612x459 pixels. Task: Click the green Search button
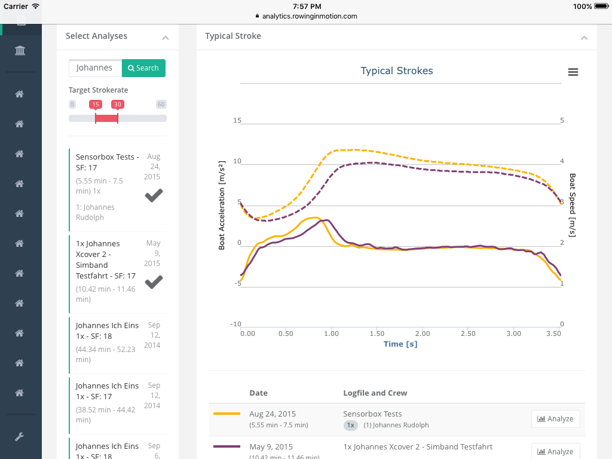[143, 68]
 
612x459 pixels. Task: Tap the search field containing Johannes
[95, 68]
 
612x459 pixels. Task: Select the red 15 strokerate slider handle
[96, 105]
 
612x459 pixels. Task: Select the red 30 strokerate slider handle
[117, 105]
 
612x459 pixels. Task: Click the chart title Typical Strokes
[397, 71]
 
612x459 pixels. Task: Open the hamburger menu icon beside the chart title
[573, 72]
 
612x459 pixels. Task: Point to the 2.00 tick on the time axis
[422, 333]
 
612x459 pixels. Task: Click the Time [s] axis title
[400, 344]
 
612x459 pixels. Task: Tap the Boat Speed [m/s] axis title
[572, 205]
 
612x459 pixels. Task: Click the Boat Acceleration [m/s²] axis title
[222, 205]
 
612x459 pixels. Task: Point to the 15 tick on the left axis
[237, 121]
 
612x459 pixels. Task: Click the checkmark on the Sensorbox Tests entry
[154, 195]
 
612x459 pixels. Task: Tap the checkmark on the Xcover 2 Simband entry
[154, 281]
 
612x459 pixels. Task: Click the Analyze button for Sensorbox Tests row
[555, 419]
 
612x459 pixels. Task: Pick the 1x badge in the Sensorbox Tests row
[351, 426]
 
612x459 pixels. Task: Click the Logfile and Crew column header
[375, 393]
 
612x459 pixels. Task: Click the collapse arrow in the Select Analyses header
[166, 38]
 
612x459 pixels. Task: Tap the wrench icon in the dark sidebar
[20, 437]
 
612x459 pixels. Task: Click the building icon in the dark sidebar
[20, 51]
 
